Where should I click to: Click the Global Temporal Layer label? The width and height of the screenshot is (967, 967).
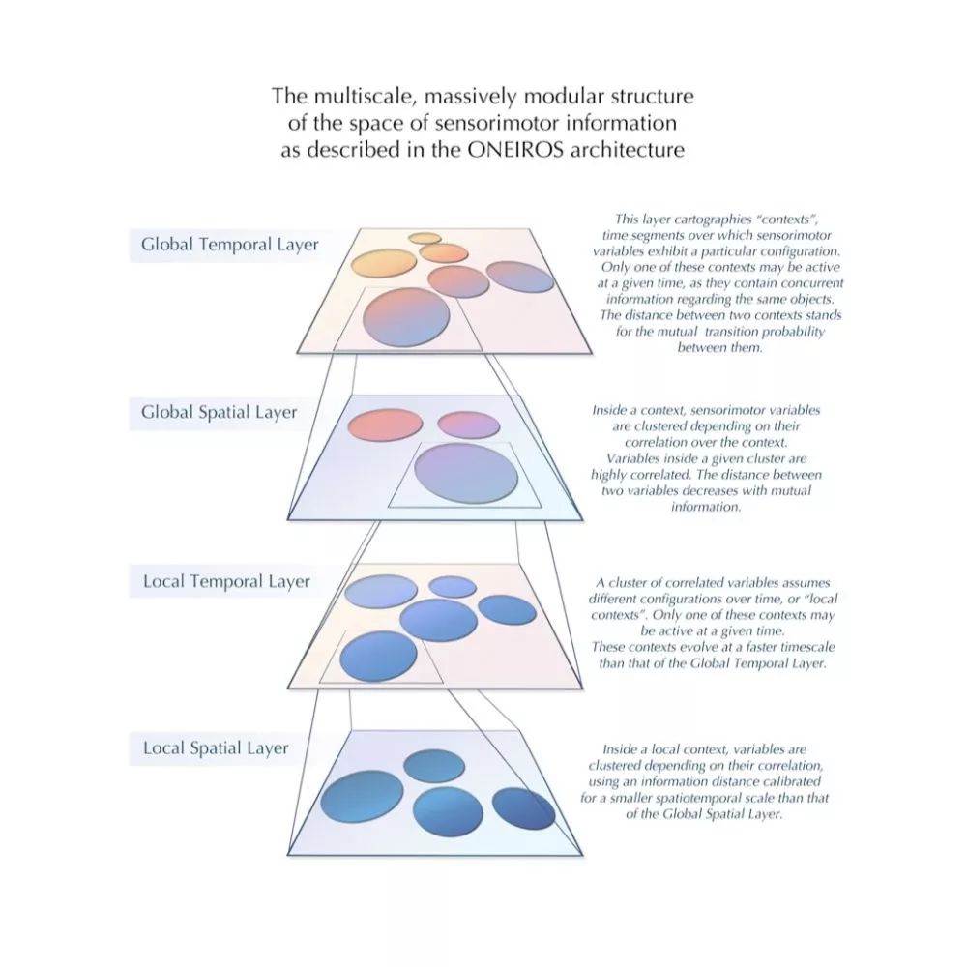click(x=229, y=244)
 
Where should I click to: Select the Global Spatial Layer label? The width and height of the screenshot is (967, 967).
click(x=219, y=412)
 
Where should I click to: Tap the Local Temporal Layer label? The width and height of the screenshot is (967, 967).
click(x=226, y=581)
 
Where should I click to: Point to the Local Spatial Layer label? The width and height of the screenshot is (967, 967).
click(x=216, y=748)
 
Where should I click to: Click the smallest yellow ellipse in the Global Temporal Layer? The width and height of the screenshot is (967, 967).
click(x=425, y=238)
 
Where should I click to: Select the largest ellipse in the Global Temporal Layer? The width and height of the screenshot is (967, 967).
click(x=407, y=316)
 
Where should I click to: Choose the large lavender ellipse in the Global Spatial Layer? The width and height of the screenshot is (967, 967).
click(x=465, y=472)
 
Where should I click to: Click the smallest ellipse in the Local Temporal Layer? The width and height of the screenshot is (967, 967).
click(x=452, y=586)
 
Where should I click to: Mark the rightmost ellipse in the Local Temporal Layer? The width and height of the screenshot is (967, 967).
click(x=508, y=609)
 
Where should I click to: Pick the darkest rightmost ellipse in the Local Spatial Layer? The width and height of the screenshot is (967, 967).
click(x=524, y=808)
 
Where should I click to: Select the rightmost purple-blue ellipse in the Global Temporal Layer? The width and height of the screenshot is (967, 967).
click(x=520, y=277)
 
